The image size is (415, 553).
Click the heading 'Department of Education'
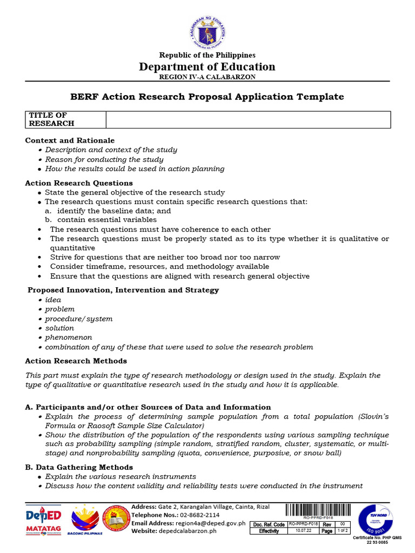tap(207, 66)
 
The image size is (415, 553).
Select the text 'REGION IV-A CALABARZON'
tap(207, 77)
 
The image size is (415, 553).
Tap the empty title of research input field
tap(248, 119)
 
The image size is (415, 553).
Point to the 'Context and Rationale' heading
tap(70, 140)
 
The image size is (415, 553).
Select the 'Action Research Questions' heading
tap(79, 183)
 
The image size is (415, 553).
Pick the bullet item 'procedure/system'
tap(79, 319)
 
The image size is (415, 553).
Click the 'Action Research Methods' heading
tap(76, 361)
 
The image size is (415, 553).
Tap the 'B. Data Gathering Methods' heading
tap(79, 467)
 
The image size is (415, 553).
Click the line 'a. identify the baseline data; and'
tap(108, 211)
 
